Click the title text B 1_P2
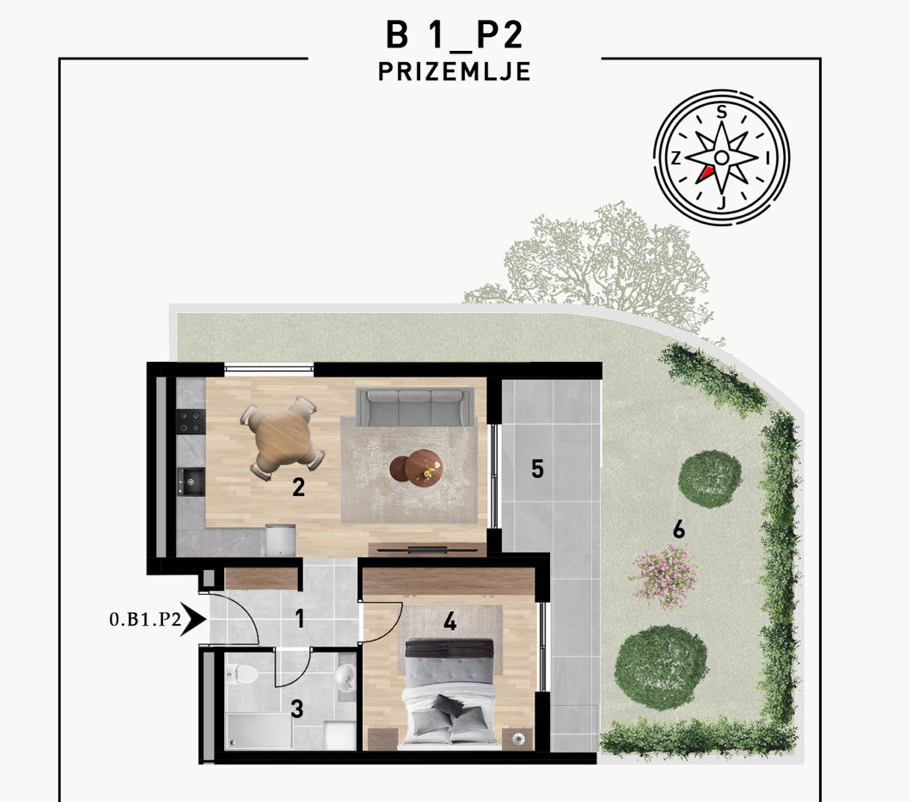tap(454, 36)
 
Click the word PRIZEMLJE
tap(454, 71)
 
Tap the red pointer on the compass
tap(705, 174)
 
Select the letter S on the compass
tap(721, 112)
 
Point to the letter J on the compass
tap(721, 203)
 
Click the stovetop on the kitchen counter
tap(190, 422)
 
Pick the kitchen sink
tap(191, 482)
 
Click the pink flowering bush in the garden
tap(664, 576)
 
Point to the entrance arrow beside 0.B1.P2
tap(194, 620)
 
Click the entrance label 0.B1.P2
tap(145, 620)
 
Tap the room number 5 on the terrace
tap(537, 469)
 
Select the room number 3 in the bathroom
tap(297, 709)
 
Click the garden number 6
tap(679, 529)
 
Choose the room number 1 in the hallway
tap(300, 618)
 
